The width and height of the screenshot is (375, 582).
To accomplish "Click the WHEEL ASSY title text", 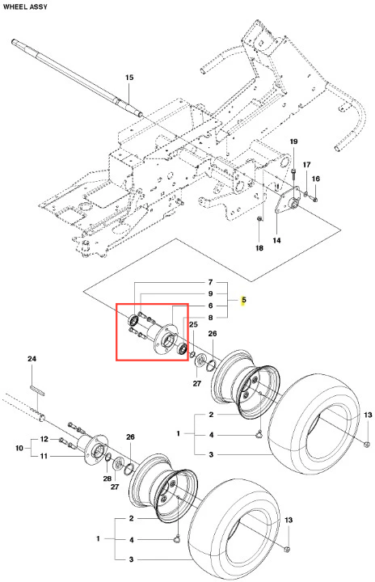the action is (25, 6).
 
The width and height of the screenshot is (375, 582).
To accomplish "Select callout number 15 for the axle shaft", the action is (129, 78).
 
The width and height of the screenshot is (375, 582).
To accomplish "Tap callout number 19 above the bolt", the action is (293, 141).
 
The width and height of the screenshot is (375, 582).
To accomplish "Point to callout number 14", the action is (276, 241).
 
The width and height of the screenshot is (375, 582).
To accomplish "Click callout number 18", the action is (259, 248).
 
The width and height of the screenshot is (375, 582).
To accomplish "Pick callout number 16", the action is (315, 179).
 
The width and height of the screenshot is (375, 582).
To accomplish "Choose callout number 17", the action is (306, 164).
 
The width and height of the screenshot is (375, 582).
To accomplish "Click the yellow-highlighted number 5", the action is (243, 300).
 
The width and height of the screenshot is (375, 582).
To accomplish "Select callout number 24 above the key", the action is (32, 359).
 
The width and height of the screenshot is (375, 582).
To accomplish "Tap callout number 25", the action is (193, 325).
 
